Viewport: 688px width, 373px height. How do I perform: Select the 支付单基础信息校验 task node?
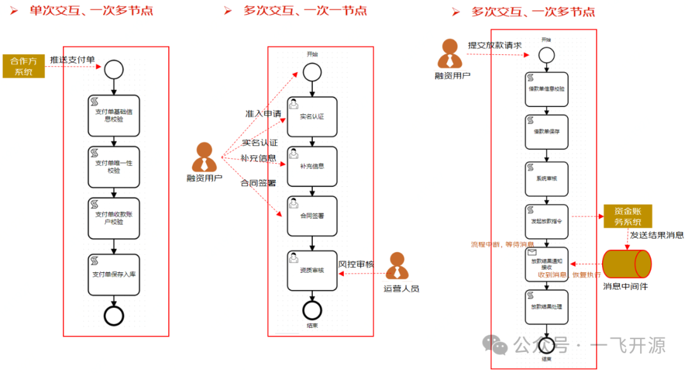113,115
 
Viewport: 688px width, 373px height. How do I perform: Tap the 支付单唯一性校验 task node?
113,167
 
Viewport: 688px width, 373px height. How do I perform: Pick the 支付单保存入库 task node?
113,275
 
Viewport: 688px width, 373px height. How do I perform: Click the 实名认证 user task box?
312,117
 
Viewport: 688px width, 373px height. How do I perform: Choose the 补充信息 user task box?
312,166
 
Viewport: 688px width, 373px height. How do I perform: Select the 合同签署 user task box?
312,216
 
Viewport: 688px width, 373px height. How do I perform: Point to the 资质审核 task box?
312,270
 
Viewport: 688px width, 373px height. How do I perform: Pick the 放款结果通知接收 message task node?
547,264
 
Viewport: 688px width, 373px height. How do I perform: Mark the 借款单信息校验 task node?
547,89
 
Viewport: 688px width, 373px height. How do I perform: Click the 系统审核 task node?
547,178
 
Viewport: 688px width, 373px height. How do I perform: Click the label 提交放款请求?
494,45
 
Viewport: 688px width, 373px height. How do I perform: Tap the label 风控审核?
355,264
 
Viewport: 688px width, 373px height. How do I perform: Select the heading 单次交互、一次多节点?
91,11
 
